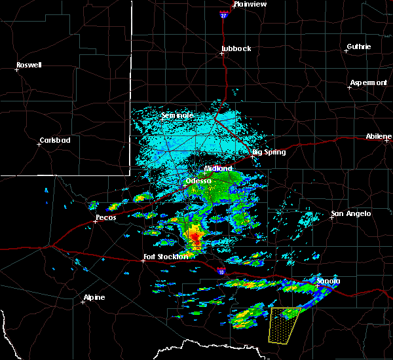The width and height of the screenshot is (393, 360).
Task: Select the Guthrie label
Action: (x=359, y=46)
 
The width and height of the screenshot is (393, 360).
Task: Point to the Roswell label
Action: (x=29, y=65)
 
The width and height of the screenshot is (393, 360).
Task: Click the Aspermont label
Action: (x=368, y=82)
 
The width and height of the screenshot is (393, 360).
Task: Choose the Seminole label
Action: (x=178, y=116)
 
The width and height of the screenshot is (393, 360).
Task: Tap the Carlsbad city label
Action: (x=55, y=140)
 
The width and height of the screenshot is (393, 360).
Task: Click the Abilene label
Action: (x=379, y=137)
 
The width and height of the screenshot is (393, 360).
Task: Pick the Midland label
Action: (x=218, y=168)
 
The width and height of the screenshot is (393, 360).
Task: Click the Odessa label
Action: (x=198, y=181)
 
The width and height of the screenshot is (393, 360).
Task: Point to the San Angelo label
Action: (x=350, y=213)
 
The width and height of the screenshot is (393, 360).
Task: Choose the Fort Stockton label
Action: (x=166, y=257)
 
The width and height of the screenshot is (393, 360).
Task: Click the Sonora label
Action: (x=328, y=281)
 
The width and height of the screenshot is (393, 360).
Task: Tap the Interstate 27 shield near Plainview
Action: (x=223, y=14)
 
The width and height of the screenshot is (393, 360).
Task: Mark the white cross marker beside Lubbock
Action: (x=222, y=54)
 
